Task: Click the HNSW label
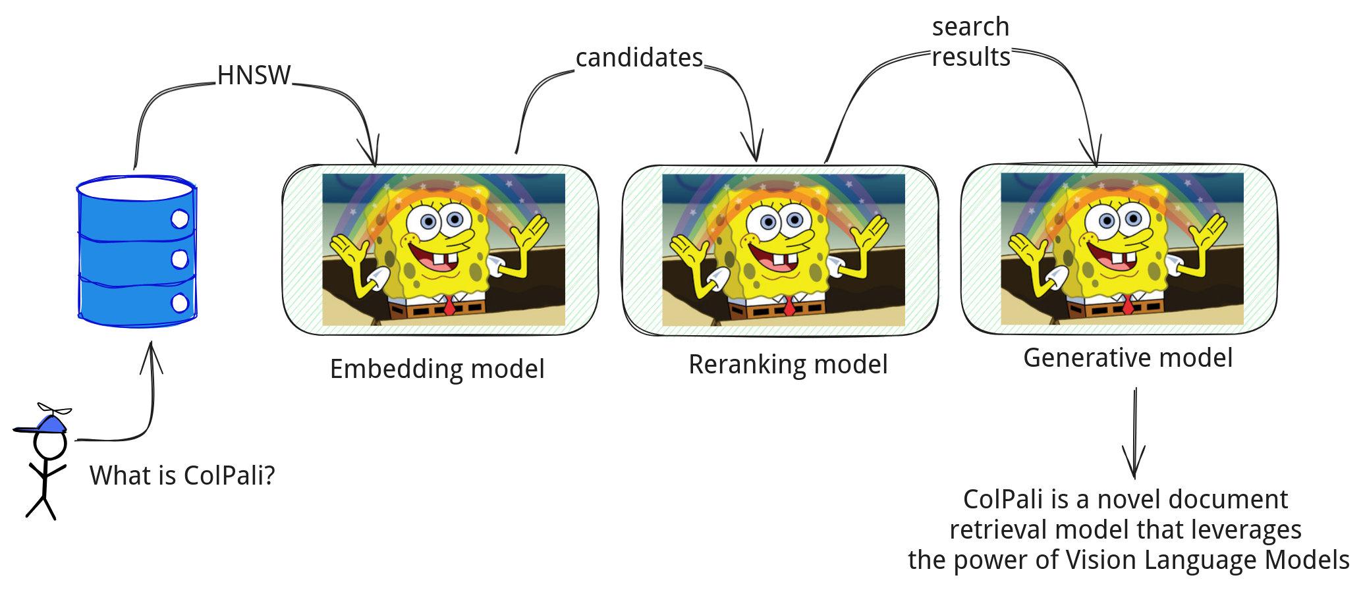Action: (x=254, y=75)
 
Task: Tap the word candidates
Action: (x=639, y=58)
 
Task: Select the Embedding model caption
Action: (x=437, y=369)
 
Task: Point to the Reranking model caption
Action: (x=788, y=364)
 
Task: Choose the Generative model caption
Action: (x=1128, y=358)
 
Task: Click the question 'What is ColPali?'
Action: (x=182, y=475)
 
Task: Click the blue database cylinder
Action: (x=137, y=251)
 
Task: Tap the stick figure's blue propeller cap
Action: (x=43, y=420)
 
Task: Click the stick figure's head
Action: (x=50, y=445)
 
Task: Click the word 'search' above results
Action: (x=970, y=27)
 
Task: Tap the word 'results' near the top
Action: (x=971, y=57)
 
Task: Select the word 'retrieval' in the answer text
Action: (x=997, y=529)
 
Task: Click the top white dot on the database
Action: (x=180, y=219)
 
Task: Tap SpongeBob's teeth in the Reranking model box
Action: (x=783, y=259)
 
